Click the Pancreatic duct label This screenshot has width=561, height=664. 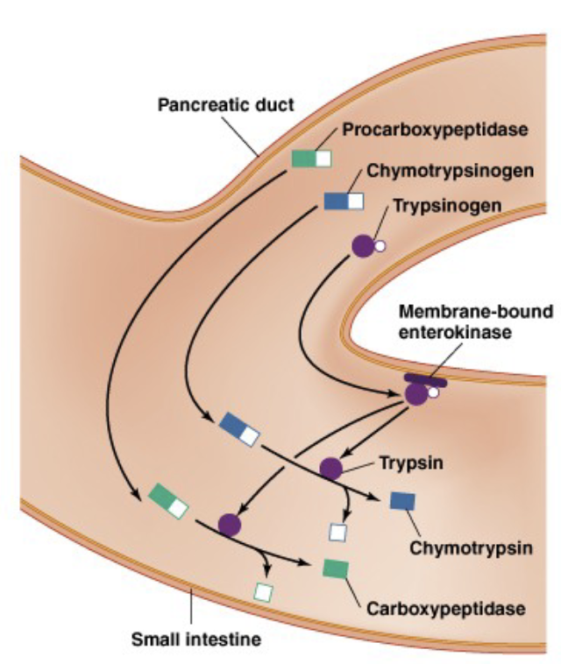tap(225, 104)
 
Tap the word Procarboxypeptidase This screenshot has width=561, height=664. tap(435, 130)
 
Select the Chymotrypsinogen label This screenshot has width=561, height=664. tap(450, 171)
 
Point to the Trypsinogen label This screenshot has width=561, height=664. tap(447, 205)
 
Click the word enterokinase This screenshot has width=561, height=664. tap(455, 332)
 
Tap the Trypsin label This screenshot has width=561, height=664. tap(411, 463)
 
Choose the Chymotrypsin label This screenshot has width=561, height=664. tap(471, 548)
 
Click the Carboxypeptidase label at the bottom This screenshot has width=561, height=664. tap(446, 609)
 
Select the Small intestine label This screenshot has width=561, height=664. tap(196, 639)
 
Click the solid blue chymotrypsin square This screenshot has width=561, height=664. tap(402, 501)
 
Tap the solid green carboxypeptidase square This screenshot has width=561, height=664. tap(336, 569)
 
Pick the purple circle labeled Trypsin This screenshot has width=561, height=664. tap(331, 469)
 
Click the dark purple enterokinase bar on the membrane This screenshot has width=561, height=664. tap(425, 380)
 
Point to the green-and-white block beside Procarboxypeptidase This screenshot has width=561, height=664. tap(311, 159)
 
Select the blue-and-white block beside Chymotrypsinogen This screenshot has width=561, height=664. tap(344, 201)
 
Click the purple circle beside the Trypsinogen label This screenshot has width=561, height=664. tap(363, 246)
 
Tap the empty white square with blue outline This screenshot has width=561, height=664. tap(337, 533)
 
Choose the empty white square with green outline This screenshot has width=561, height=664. tap(264, 592)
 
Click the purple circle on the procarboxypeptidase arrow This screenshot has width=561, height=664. tap(230, 525)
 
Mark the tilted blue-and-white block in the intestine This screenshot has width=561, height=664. tap(239, 429)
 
